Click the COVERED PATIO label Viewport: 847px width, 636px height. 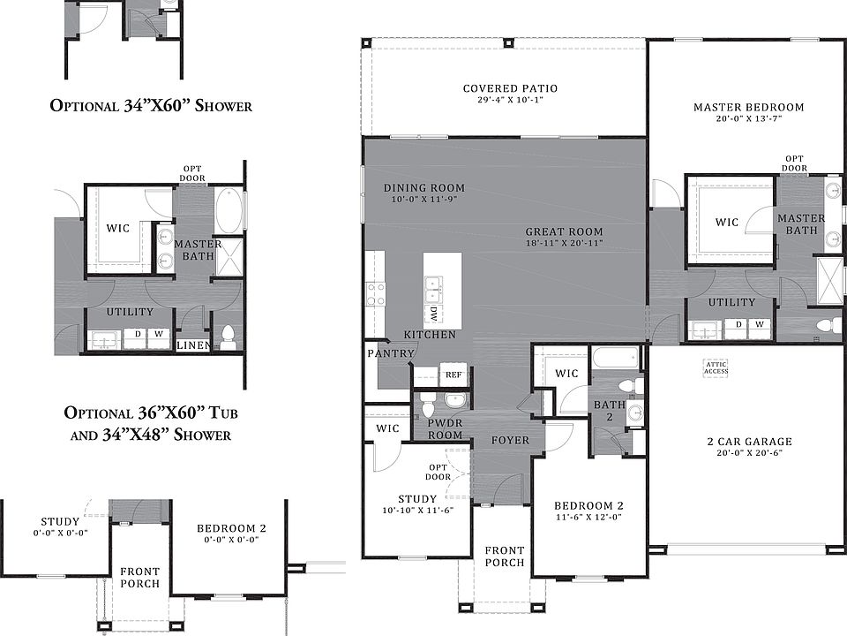pyautogui.click(x=510, y=88)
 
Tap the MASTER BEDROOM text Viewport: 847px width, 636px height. pyautogui.click(x=748, y=107)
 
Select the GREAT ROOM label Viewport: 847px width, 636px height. pyautogui.click(x=564, y=231)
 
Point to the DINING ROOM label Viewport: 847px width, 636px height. pyautogui.click(x=423, y=187)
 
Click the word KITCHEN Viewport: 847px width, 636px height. pyautogui.click(x=430, y=335)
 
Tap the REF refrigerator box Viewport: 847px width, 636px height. pyautogui.click(x=453, y=375)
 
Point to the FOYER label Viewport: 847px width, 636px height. pyautogui.click(x=510, y=440)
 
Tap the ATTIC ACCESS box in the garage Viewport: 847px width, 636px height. pyautogui.click(x=716, y=367)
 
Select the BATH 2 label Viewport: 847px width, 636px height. pyautogui.click(x=609, y=411)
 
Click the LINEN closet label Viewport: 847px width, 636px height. pyautogui.click(x=193, y=345)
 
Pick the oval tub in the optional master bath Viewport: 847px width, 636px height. pyautogui.click(x=228, y=208)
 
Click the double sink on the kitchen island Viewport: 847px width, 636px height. pyautogui.click(x=434, y=288)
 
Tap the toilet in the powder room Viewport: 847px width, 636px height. pyautogui.click(x=428, y=408)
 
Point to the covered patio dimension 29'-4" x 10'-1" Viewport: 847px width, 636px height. pyautogui.click(x=510, y=100)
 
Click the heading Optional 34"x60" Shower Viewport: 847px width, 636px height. pyautogui.click(x=151, y=106)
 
